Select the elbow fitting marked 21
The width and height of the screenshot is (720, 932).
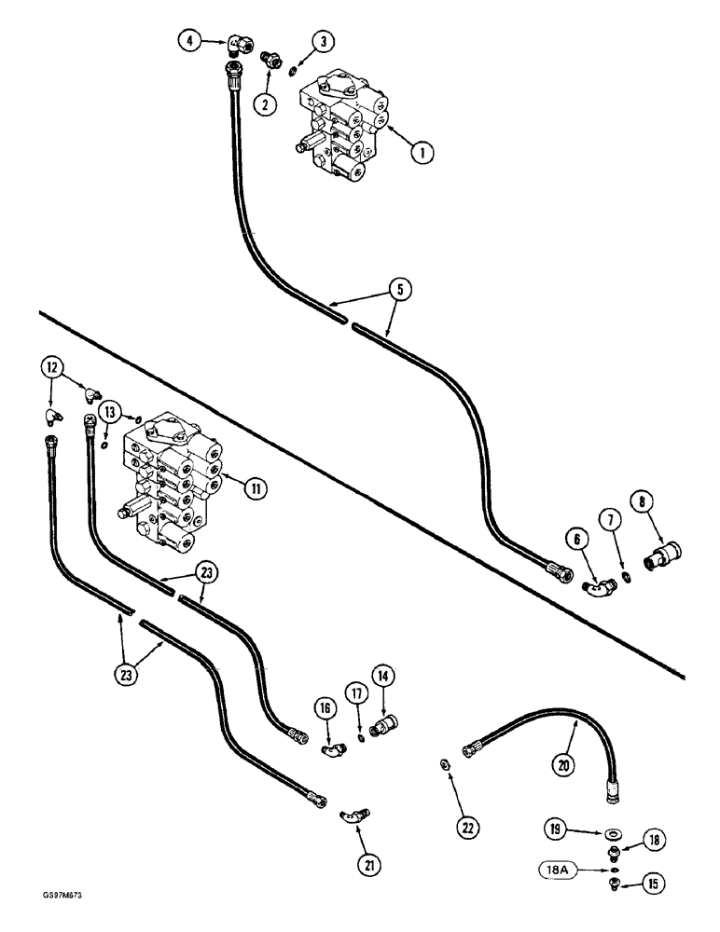[x=354, y=815]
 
